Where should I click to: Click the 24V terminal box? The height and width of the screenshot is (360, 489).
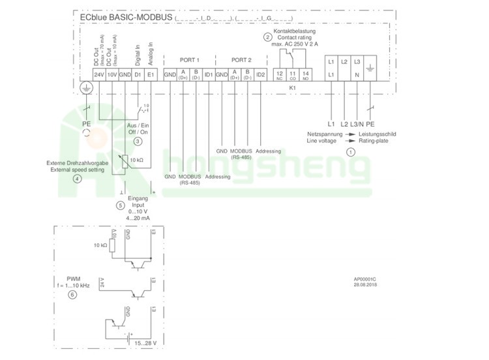[99, 75]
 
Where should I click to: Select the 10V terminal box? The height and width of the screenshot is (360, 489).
[112, 75]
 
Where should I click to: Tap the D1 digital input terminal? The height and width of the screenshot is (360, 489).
[138, 75]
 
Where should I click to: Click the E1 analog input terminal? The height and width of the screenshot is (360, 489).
[151, 75]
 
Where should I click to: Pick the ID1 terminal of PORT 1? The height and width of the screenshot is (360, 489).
[208, 75]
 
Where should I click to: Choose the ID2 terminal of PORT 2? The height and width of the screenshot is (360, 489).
[260, 75]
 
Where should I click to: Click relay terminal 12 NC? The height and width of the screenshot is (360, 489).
[279, 75]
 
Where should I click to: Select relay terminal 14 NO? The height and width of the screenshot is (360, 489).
[306, 75]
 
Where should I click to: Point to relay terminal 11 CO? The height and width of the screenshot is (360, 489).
[293, 75]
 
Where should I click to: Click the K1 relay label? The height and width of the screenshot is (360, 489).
[293, 87]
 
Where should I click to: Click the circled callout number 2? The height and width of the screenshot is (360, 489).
[267, 37]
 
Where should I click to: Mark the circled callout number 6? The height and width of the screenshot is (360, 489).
[72, 294]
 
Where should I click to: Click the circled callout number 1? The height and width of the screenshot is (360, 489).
[351, 152]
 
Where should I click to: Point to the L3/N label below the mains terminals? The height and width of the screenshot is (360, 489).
[357, 123]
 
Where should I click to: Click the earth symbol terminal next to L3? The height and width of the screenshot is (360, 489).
[370, 68]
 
